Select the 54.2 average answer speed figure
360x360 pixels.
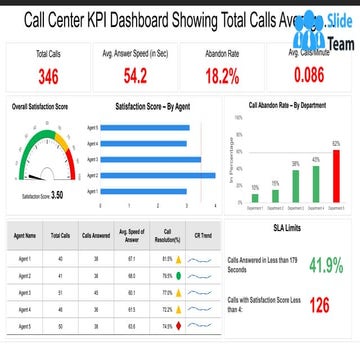click(134, 75)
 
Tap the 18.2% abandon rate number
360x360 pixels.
click(223, 75)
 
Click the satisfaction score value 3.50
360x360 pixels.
click(57, 195)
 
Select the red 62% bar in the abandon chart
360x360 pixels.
click(336, 164)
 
